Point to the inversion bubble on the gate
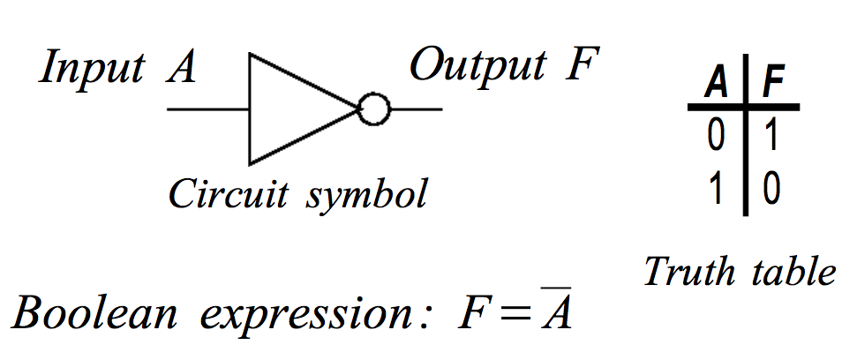[373, 109]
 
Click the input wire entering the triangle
[207, 110]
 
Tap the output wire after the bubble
[415, 110]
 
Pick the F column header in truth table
[773, 86]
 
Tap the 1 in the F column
[771, 138]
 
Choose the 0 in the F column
[771, 190]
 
